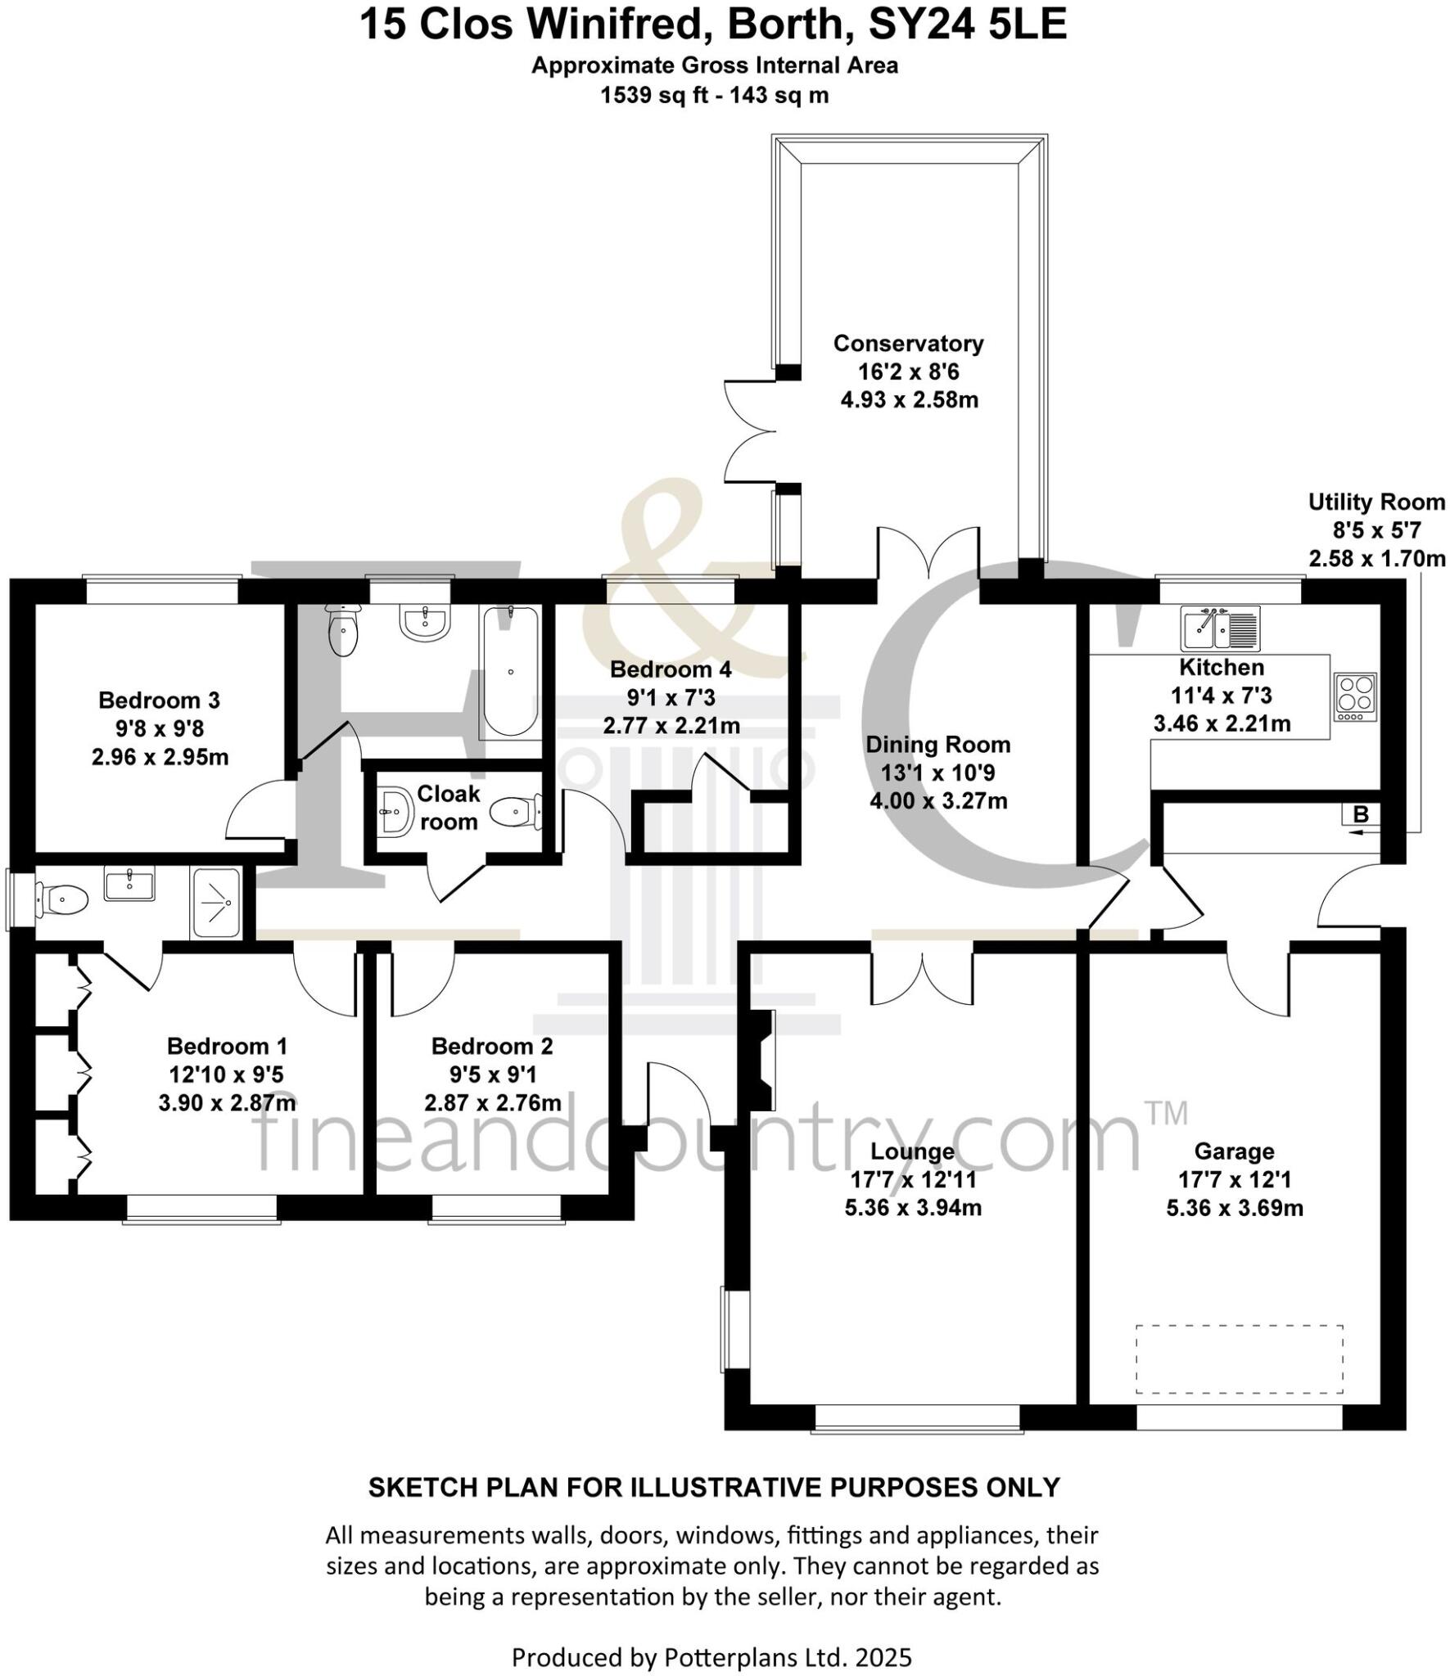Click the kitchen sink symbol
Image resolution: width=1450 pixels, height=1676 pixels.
click(1219, 628)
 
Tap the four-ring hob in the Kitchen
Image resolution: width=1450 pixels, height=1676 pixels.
click(1355, 696)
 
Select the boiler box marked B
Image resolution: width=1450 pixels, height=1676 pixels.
click(1361, 814)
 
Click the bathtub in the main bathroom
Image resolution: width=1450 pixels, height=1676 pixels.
click(510, 672)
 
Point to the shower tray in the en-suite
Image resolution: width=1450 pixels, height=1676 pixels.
click(216, 903)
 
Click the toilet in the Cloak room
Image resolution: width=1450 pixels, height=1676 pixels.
click(514, 813)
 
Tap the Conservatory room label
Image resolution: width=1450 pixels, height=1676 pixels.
click(908, 344)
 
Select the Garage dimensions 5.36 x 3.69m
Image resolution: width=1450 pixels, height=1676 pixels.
click(1234, 1208)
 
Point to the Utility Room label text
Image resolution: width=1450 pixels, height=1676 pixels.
click(1376, 502)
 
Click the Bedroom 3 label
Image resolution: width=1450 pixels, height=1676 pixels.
click(159, 701)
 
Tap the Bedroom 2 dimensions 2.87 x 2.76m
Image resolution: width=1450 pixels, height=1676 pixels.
click(492, 1102)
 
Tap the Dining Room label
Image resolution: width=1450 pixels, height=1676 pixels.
click(937, 745)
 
